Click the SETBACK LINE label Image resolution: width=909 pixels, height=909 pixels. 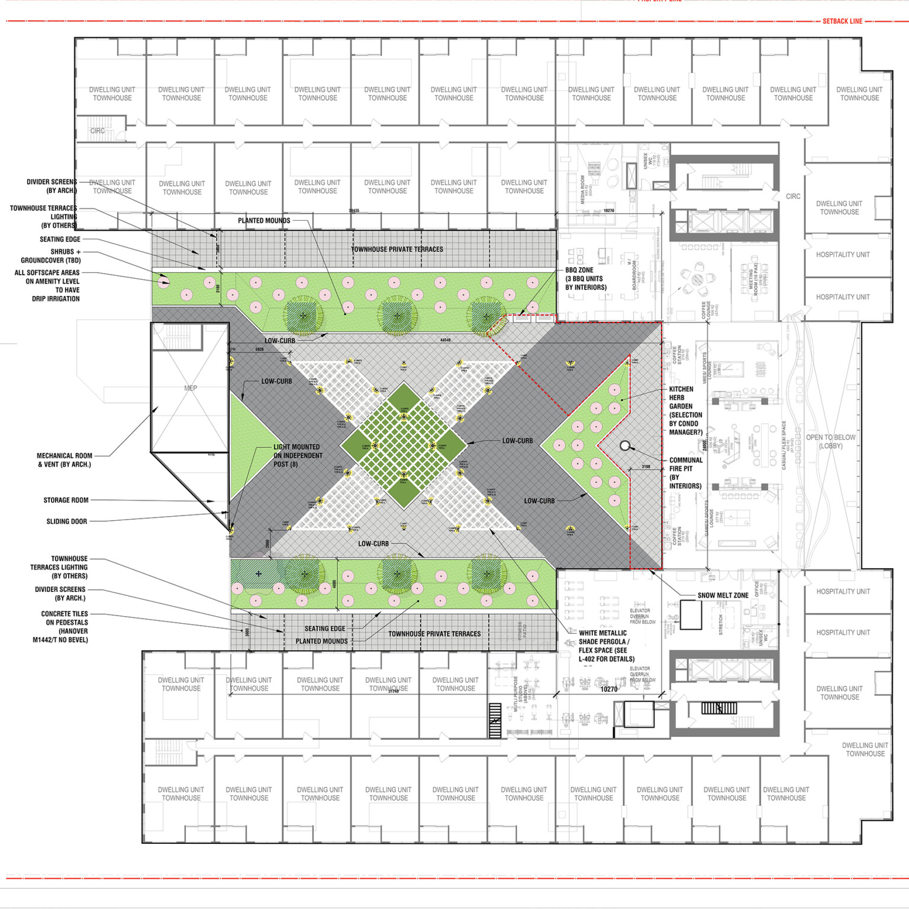click(842, 21)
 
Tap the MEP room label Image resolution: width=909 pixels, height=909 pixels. click(191, 388)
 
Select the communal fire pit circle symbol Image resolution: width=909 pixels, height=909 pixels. click(625, 446)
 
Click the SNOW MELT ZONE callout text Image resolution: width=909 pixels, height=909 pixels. click(723, 595)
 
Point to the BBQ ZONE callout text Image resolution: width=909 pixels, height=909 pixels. click(585, 279)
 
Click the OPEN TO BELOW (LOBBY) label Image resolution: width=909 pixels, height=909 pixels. click(830, 441)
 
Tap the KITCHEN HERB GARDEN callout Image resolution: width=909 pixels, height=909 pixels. click(685, 411)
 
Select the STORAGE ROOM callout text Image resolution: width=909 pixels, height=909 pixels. click(66, 500)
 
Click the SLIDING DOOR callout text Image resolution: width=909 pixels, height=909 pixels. click(66, 521)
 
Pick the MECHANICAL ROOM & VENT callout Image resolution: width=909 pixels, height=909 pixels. click(65, 460)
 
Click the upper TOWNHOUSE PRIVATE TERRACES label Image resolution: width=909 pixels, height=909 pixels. click(397, 249)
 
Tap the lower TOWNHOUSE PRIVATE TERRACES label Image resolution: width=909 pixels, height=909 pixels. click(434, 634)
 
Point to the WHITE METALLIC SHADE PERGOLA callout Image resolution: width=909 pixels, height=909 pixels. click(606, 646)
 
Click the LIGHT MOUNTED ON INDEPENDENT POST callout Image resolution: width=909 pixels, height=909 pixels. click(298, 456)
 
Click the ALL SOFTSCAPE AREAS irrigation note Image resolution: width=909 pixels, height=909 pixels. click(47, 286)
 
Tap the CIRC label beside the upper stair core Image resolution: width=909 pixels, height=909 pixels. click(793, 196)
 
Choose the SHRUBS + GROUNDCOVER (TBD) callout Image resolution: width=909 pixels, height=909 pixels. click(51, 256)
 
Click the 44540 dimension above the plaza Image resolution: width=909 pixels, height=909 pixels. click(445, 340)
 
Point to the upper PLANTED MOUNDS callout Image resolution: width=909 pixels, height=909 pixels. click(264, 221)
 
